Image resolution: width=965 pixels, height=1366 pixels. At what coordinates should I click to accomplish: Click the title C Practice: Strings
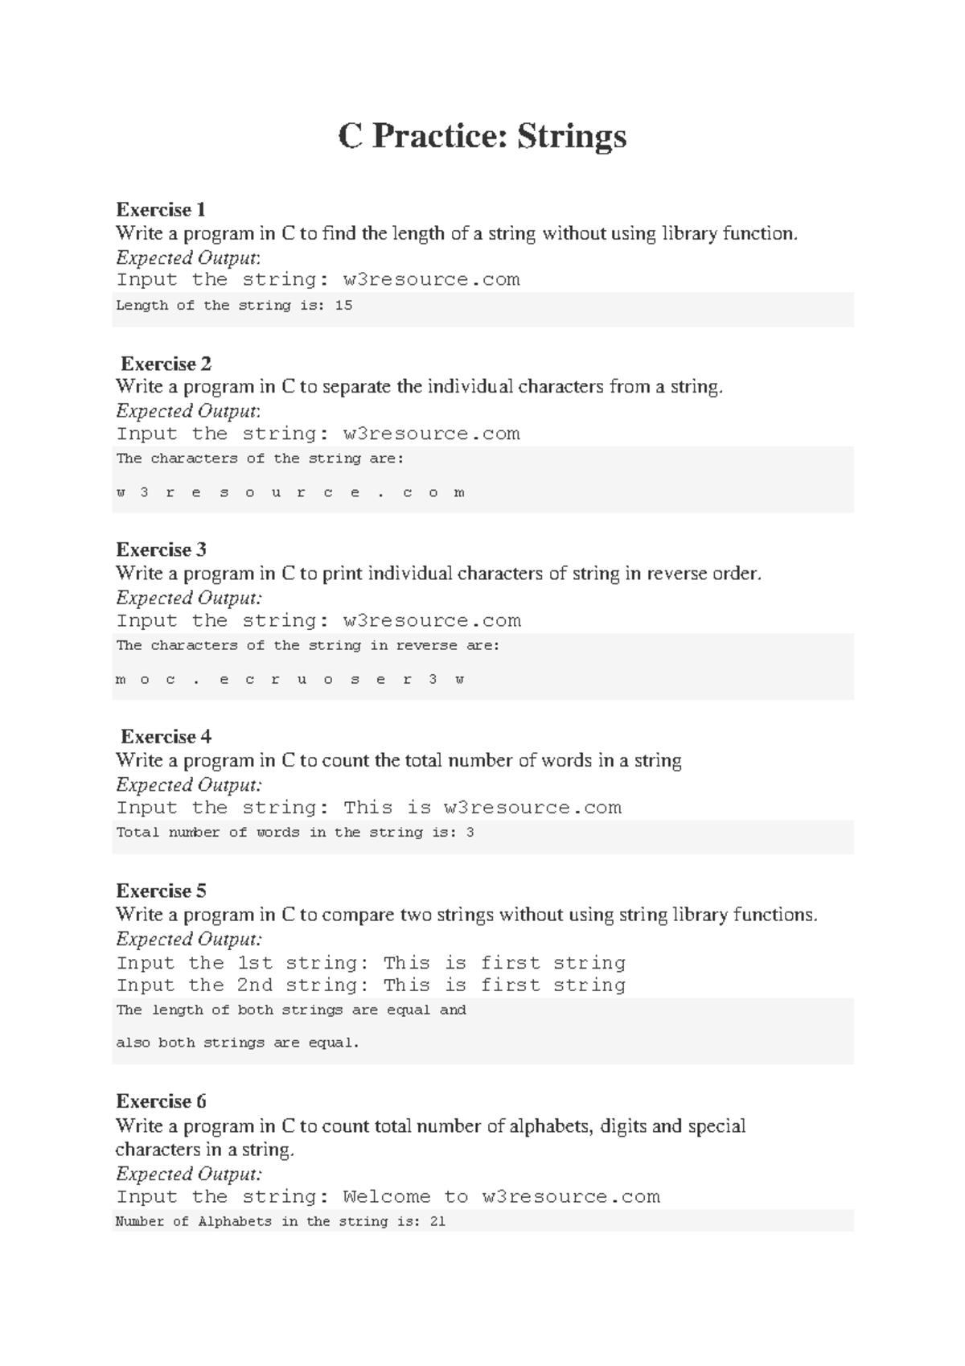(482, 136)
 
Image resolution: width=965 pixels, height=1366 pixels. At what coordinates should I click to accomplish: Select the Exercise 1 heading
(161, 210)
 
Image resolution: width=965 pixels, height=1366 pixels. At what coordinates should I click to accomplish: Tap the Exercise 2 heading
(166, 364)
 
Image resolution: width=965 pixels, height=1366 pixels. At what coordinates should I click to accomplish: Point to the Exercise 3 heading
(161, 550)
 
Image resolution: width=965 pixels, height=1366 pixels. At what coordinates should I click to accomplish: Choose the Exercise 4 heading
(166, 737)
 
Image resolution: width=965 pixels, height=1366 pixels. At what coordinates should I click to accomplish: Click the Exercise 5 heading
(161, 891)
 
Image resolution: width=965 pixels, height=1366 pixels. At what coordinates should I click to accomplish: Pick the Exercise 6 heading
(161, 1101)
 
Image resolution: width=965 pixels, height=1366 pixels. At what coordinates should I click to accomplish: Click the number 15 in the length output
(343, 306)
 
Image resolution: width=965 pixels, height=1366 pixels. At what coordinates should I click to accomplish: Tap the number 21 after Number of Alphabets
(437, 1222)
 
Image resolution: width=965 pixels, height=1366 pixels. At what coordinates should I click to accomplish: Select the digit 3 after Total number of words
(470, 833)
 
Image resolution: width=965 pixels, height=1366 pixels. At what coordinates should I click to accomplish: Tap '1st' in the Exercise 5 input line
(255, 963)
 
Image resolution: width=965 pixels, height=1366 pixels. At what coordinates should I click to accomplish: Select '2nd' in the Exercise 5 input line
(255, 985)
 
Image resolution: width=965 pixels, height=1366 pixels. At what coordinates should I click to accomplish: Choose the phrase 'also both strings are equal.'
(237, 1043)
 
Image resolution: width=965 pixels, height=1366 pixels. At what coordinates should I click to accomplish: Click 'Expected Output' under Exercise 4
(187, 785)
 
